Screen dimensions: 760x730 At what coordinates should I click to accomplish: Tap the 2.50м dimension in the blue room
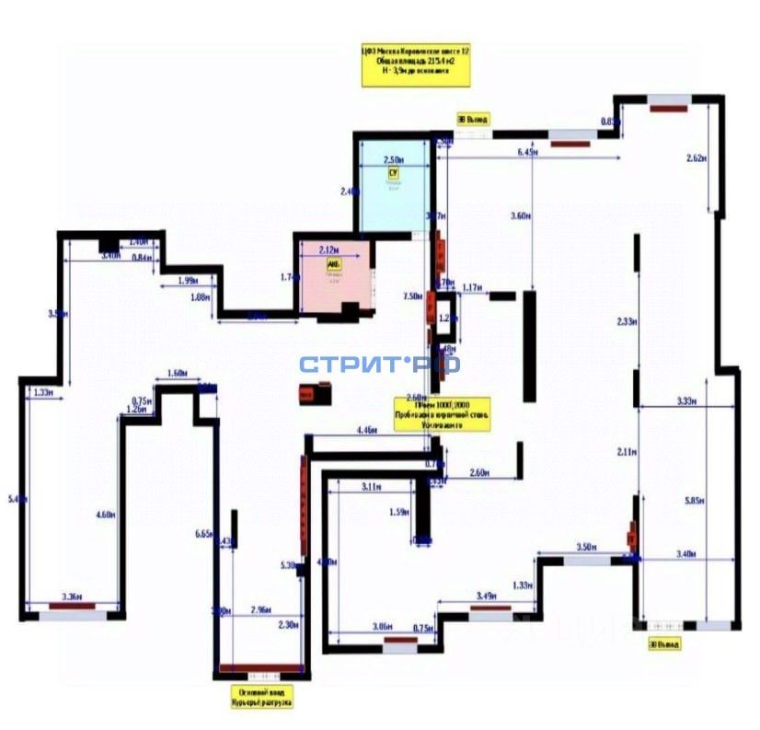pyautogui.click(x=396, y=158)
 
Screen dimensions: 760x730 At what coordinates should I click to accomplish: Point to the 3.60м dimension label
pyautogui.click(x=521, y=215)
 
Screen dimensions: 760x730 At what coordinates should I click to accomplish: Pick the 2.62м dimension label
pyautogui.click(x=696, y=158)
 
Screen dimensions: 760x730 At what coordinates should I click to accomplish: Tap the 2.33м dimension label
pyautogui.click(x=627, y=320)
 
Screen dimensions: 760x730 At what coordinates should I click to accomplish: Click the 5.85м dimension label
pyautogui.click(x=695, y=500)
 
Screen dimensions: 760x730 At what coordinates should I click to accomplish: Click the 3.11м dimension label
pyautogui.click(x=372, y=485)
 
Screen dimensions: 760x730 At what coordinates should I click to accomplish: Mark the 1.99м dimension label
pyautogui.click(x=186, y=280)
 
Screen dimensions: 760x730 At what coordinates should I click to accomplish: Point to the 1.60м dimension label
pyautogui.click(x=178, y=373)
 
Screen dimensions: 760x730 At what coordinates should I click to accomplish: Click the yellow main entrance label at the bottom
pyautogui.click(x=261, y=696)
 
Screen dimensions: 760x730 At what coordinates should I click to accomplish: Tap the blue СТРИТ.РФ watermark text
pyautogui.click(x=379, y=365)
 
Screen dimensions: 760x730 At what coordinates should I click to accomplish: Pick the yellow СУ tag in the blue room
pyautogui.click(x=393, y=172)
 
